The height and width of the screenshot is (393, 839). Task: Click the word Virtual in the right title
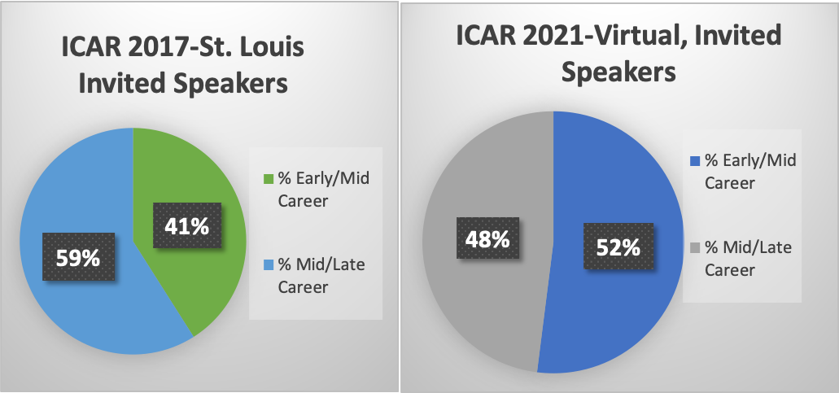(647, 36)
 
